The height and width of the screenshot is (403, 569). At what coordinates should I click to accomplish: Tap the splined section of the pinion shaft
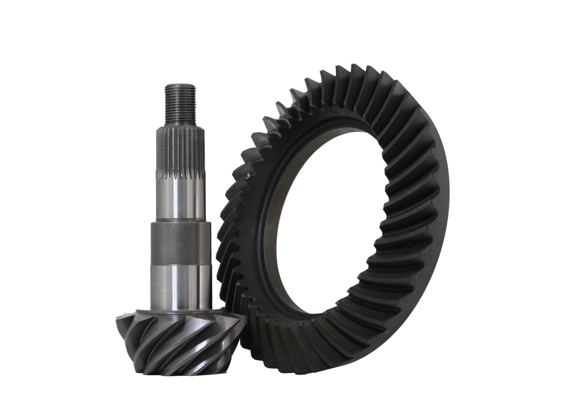[181, 152]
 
